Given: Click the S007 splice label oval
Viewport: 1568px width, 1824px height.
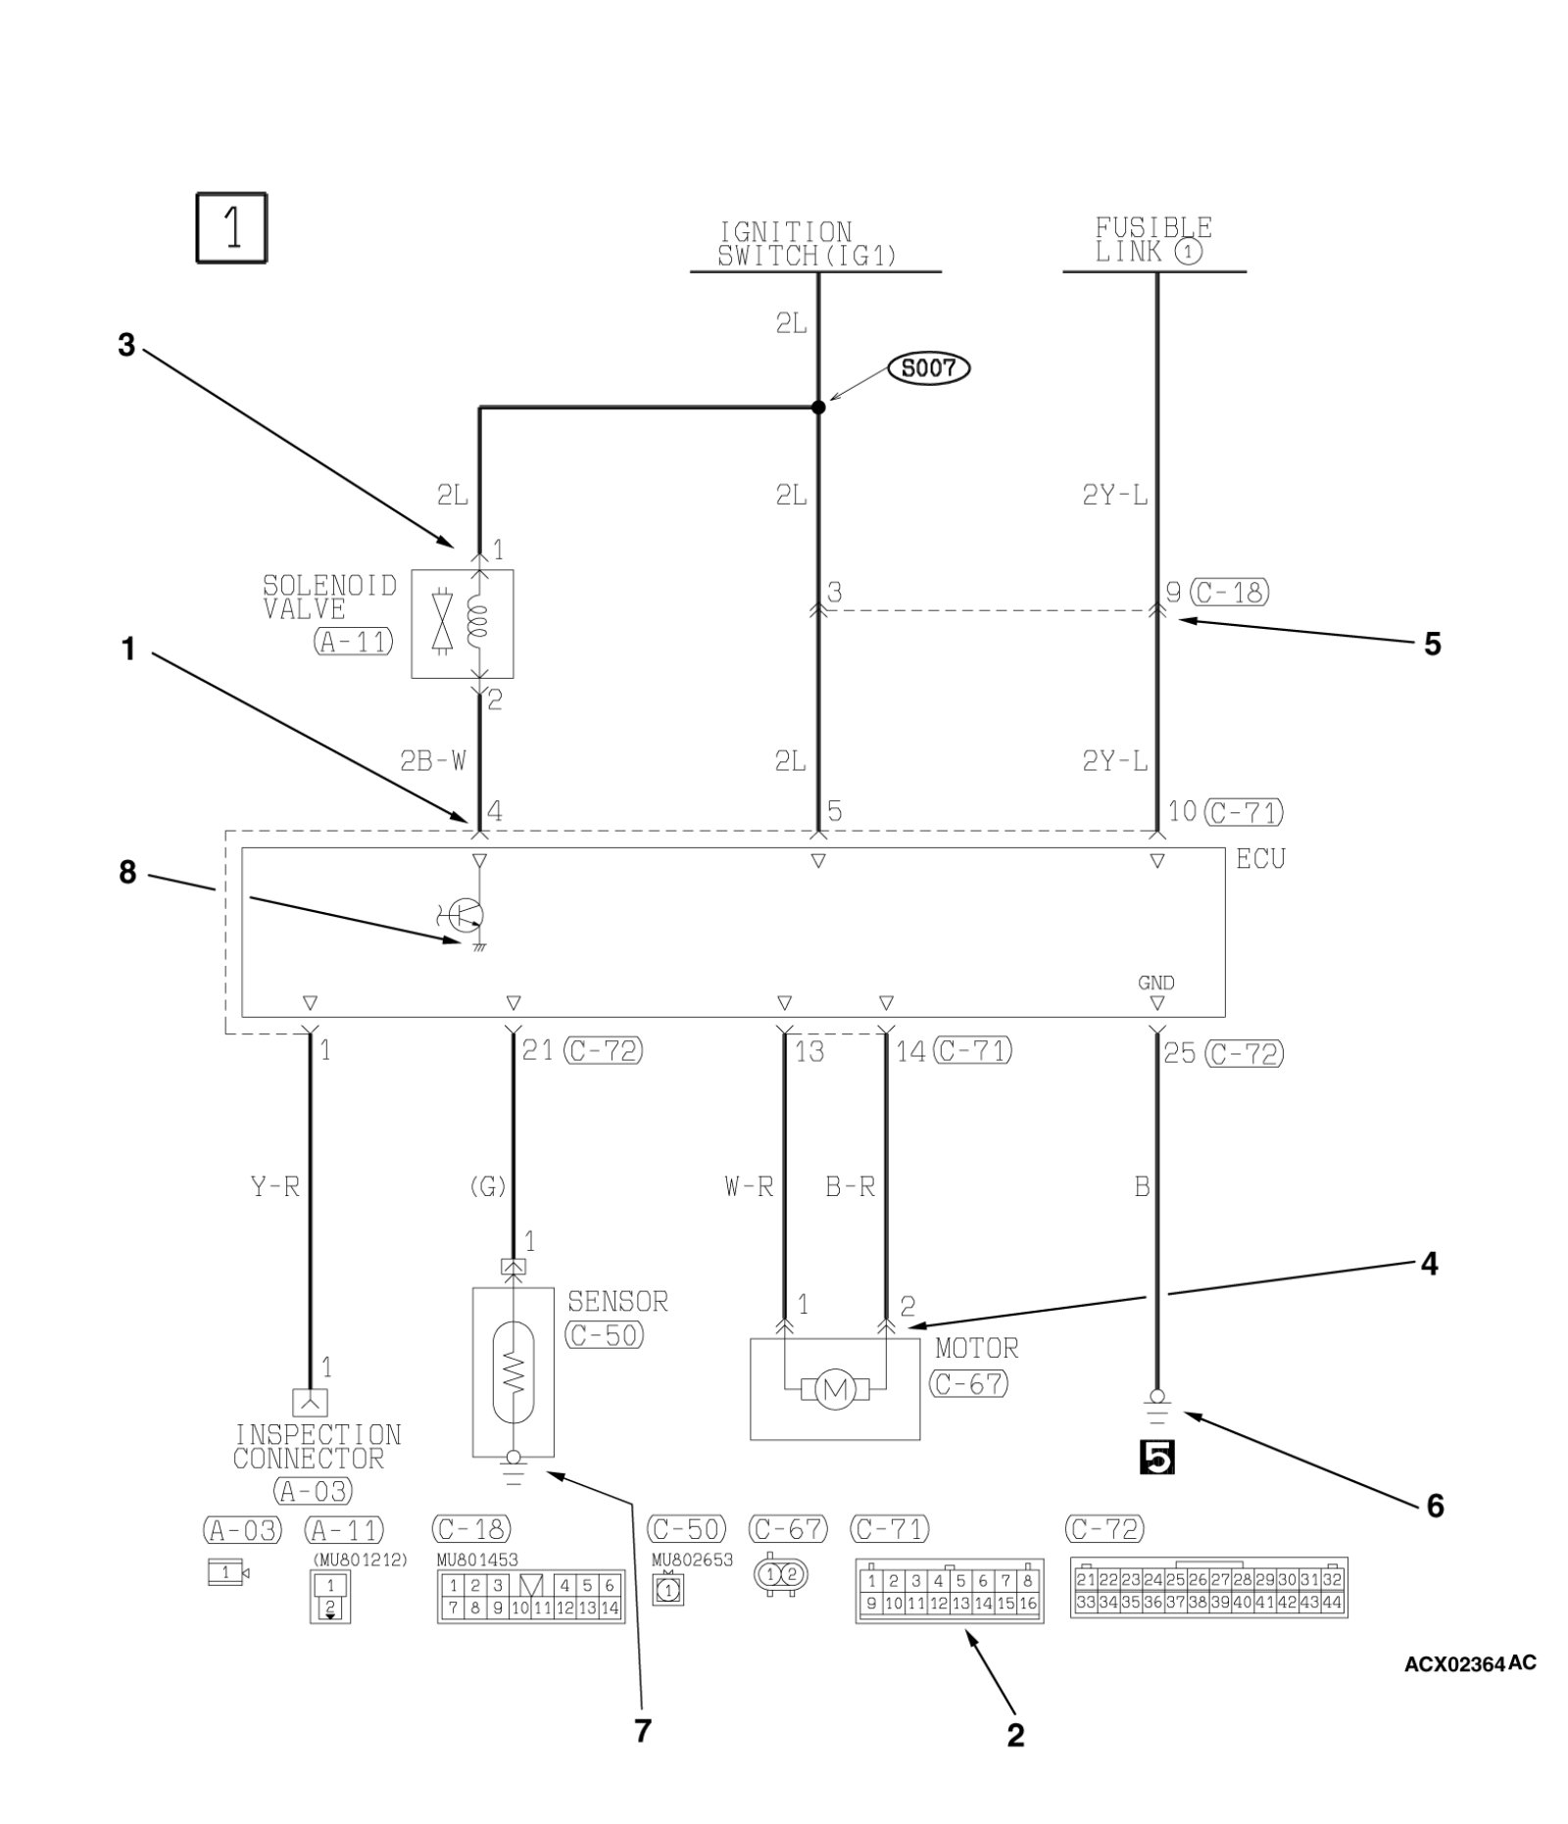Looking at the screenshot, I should point(928,368).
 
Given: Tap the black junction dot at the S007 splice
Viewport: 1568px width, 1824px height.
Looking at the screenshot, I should point(818,407).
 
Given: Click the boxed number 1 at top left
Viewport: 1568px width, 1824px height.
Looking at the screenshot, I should point(231,227).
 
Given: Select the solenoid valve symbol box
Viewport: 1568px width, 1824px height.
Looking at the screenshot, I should point(462,624).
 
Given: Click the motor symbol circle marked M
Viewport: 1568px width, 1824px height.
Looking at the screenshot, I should point(835,1389).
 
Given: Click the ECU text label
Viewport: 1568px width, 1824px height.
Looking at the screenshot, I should point(1260,859).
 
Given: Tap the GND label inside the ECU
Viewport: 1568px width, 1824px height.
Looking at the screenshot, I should point(1156,983).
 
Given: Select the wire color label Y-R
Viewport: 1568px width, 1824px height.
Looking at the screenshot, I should point(275,1187).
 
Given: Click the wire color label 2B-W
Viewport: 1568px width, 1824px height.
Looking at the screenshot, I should point(432,760).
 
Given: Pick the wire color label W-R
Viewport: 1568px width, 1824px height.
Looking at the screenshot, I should point(749,1187).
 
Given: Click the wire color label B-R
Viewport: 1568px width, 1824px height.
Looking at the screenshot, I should point(850,1187).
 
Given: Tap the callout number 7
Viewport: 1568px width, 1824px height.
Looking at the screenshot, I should point(642,1731).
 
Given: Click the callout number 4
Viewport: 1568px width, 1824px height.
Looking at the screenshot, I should point(1429,1265).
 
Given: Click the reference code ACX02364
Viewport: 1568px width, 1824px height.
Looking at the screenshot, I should point(1454,1664).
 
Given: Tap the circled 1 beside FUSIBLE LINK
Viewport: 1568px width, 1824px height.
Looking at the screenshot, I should point(1189,253).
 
